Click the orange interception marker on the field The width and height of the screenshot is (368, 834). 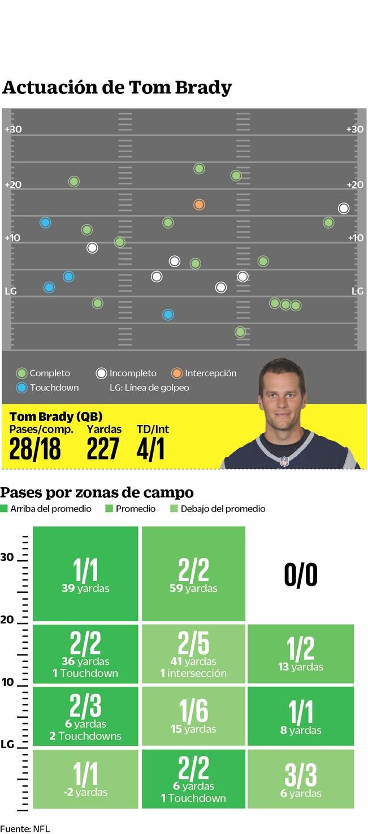199,204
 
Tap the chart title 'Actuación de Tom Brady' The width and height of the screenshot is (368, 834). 117,88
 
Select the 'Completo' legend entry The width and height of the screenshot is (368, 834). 44,373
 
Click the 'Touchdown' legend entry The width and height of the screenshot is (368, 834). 48,388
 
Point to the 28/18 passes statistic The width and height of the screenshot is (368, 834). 35,449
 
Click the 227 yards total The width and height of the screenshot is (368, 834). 103,449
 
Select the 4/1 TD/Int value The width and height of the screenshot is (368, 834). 150,449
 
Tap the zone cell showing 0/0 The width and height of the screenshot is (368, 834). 301,575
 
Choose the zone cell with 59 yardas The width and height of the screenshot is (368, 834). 194,574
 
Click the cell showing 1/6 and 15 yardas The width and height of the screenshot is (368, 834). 194,716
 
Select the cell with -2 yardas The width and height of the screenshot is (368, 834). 85,779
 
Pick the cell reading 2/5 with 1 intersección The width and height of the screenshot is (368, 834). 194,653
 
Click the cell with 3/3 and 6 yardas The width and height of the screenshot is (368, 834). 301,779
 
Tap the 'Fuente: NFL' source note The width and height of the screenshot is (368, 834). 25,829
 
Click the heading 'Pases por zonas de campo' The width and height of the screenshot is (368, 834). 97,492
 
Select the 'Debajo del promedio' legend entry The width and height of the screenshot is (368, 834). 218,509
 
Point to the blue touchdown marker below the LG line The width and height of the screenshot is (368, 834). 168,315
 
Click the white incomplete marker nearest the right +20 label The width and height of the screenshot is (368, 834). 344,208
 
